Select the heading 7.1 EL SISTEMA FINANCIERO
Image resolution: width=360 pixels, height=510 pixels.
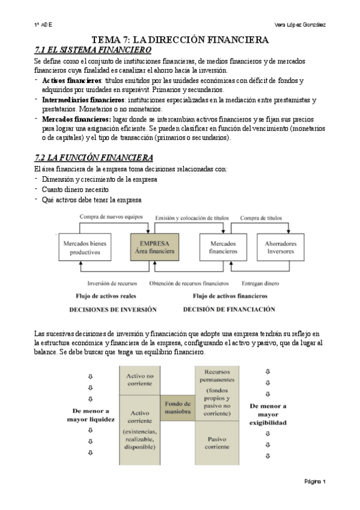(93, 50)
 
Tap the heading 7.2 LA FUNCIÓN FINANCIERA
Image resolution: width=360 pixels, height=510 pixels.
(94, 158)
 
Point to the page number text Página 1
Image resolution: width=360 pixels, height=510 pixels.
(314, 481)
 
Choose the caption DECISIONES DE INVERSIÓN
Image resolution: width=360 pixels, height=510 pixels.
(113, 310)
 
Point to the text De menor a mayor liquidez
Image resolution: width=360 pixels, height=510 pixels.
(90, 415)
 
